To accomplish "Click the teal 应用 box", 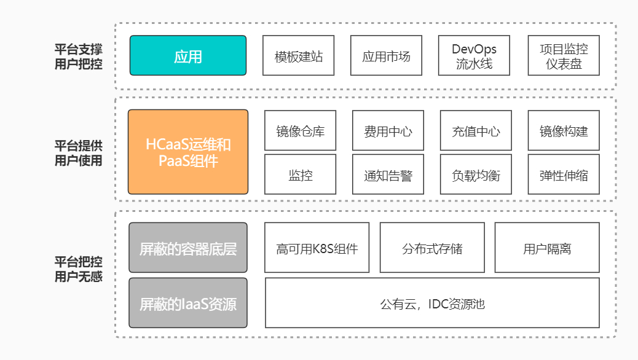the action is click(188, 55).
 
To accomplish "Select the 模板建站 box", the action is click(298, 55).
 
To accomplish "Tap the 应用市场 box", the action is click(386, 55).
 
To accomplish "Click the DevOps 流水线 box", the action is click(474, 55).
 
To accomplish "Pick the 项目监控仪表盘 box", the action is click(564, 55).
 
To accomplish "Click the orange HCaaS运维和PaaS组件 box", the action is click(188, 152).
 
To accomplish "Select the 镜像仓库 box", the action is click(301, 131).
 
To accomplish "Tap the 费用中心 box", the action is click(388, 131).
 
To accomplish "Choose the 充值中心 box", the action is click(476, 131).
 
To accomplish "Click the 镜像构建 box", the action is click(564, 131).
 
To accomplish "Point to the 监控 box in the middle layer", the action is click(301, 174).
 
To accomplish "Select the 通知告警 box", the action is click(388, 174).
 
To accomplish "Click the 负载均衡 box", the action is click(476, 174).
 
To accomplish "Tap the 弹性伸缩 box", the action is click(564, 174).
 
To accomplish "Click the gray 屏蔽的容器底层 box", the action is click(188, 248).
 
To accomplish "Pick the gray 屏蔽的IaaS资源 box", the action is click(188, 303).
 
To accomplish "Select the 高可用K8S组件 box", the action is click(317, 248).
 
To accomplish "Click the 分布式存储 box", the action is click(432, 248).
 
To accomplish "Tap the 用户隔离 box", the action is click(547, 248).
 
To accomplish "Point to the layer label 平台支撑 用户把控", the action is click(79, 57).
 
